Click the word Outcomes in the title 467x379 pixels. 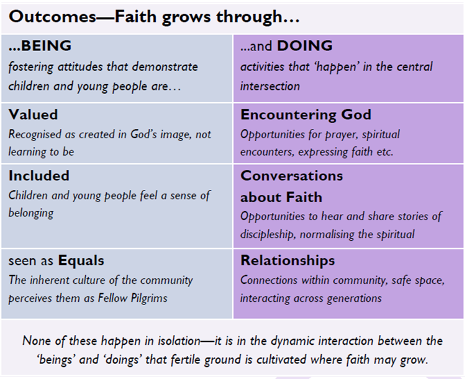(x=53, y=16)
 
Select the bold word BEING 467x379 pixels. (x=46, y=45)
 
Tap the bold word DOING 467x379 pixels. (x=305, y=45)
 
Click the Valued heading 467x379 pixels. (x=33, y=115)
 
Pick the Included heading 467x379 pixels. (x=39, y=175)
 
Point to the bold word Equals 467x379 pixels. (x=81, y=261)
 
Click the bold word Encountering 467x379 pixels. (x=289, y=115)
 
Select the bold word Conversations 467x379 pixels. (x=292, y=175)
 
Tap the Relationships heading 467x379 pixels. (x=288, y=261)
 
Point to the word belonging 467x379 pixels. (x=31, y=213)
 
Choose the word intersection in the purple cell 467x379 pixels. (x=270, y=87)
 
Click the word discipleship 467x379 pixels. (x=268, y=234)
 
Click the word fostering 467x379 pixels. (x=30, y=67)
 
